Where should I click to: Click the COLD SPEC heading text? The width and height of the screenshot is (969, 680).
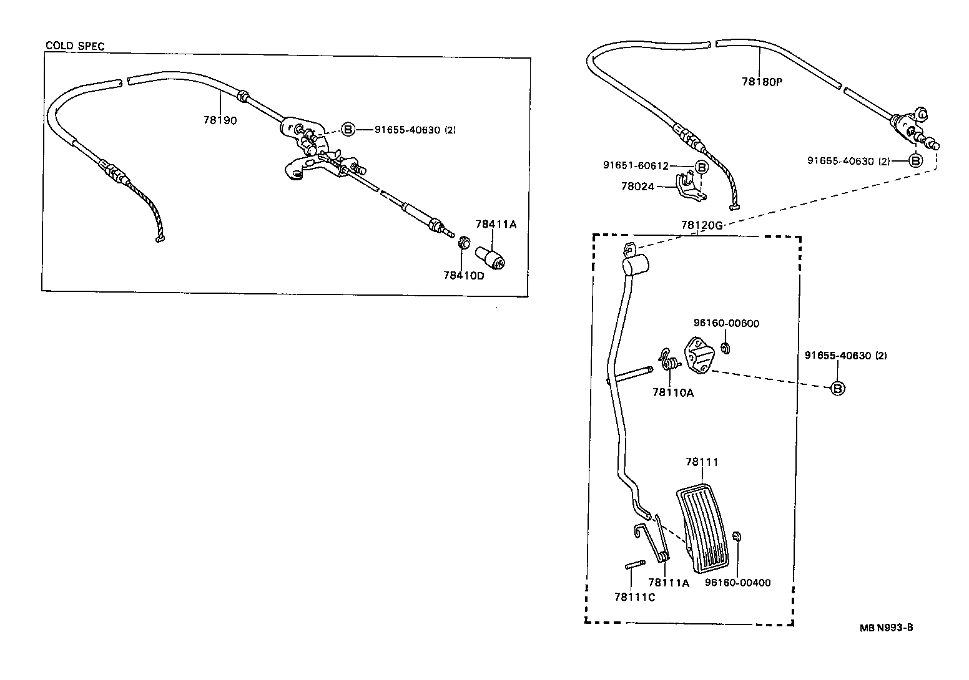[x=75, y=46]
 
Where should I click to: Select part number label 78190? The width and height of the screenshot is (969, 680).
[x=220, y=120]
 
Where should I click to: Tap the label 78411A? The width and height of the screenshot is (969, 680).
[x=496, y=225]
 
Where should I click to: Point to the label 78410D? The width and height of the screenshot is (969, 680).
[x=463, y=275]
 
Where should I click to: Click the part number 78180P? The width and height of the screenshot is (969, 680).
[x=762, y=82]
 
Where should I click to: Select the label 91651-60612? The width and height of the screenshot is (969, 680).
[x=636, y=166]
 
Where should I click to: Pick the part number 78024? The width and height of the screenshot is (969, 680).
[x=637, y=186]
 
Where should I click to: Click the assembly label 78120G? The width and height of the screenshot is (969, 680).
[x=701, y=225]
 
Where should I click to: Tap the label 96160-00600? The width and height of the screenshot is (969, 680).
[x=726, y=323]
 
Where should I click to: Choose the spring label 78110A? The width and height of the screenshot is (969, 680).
[x=673, y=392]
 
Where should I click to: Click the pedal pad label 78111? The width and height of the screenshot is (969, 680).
[x=702, y=462]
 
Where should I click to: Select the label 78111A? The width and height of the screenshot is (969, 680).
[x=668, y=583]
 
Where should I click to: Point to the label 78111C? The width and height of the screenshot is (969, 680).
[x=634, y=597]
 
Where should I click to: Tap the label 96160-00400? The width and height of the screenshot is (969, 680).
[x=737, y=583]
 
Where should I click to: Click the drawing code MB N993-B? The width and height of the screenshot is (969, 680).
[x=886, y=628]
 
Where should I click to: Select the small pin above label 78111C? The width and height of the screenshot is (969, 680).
[x=633, y=565]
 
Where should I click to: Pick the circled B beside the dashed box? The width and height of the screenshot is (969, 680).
[x=837, y=388]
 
